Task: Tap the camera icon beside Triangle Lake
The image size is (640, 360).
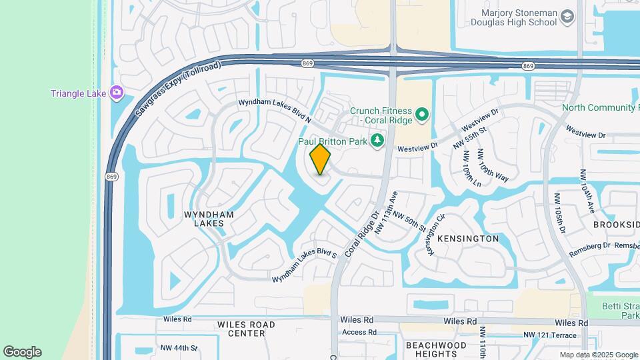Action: (117, 93)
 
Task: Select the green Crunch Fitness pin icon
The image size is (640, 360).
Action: (421, 115)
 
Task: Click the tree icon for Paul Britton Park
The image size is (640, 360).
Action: (377, 140)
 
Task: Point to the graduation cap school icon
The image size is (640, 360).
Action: (567, 17)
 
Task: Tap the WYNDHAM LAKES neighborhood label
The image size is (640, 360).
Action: (209, 219)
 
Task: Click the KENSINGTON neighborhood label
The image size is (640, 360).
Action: (467, 239)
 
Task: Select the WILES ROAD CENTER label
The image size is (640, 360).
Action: (246, 329)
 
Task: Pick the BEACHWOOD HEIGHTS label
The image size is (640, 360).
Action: (436, 349)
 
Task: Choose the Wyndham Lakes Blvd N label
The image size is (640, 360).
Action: (275, 111)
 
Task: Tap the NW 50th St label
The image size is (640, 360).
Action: (409, 221)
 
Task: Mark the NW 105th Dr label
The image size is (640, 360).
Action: (559, 214)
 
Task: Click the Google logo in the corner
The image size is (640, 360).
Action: (22, 352)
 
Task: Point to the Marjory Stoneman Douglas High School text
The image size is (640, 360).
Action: (518, 17)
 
